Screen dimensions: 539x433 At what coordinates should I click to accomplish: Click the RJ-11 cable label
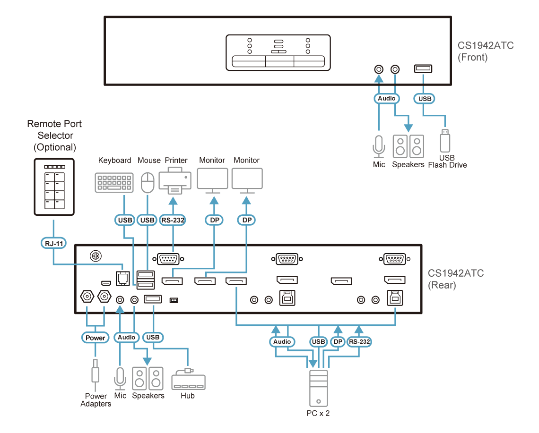[53, 243]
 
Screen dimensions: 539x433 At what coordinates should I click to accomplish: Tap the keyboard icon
[114, 183]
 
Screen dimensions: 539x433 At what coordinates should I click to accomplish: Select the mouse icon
[148, 183]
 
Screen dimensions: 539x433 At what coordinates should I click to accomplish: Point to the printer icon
[174, 181]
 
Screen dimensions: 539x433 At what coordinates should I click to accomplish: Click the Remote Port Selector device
[54, 187]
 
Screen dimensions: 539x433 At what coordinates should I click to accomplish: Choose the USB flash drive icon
[445, 140]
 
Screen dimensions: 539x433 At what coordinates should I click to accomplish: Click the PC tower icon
[318, 388]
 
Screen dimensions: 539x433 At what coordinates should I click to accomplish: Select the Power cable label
[95, 338]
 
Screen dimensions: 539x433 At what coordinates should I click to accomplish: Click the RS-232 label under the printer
[173, 220]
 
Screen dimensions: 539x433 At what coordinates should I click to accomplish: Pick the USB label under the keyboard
[125, 220]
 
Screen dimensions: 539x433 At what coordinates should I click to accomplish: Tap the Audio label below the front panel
[387, 99]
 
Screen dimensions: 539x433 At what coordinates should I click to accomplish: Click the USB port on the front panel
[423, 68]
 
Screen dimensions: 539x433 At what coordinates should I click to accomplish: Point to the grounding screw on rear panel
[96, 256]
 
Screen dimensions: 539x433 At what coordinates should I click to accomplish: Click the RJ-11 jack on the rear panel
[123, 278]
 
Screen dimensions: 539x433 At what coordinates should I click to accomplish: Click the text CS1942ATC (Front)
[486, 51]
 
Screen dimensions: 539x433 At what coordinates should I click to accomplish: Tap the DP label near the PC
[338, 342]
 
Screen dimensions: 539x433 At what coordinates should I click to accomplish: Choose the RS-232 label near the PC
[359, 342]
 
